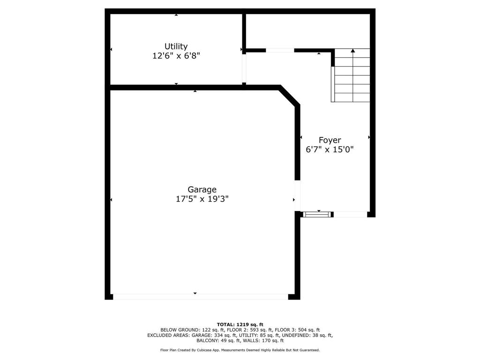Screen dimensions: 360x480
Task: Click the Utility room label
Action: click(176, 46)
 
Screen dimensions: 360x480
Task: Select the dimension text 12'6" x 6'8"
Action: click(176, 56)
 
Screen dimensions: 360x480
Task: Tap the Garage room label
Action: click(202, 189)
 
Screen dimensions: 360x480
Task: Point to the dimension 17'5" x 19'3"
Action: click(202, 199)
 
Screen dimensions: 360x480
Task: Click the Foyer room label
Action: click(330, 140)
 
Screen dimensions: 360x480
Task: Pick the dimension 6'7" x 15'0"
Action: click(330, 150)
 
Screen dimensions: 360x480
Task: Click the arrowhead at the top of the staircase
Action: click(353, 50)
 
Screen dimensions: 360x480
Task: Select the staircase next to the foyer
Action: click(351, 75)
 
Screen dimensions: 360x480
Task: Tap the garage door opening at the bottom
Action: click(200, 297)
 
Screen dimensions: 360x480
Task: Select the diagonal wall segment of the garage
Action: click(289, 96)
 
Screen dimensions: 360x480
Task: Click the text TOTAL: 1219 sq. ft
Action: click(240, 324)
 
